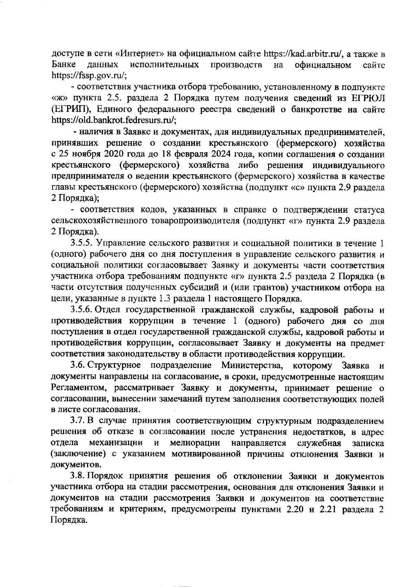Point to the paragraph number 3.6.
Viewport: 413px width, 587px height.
tap(77, 365)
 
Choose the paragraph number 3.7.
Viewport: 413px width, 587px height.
tap(77, 420)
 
